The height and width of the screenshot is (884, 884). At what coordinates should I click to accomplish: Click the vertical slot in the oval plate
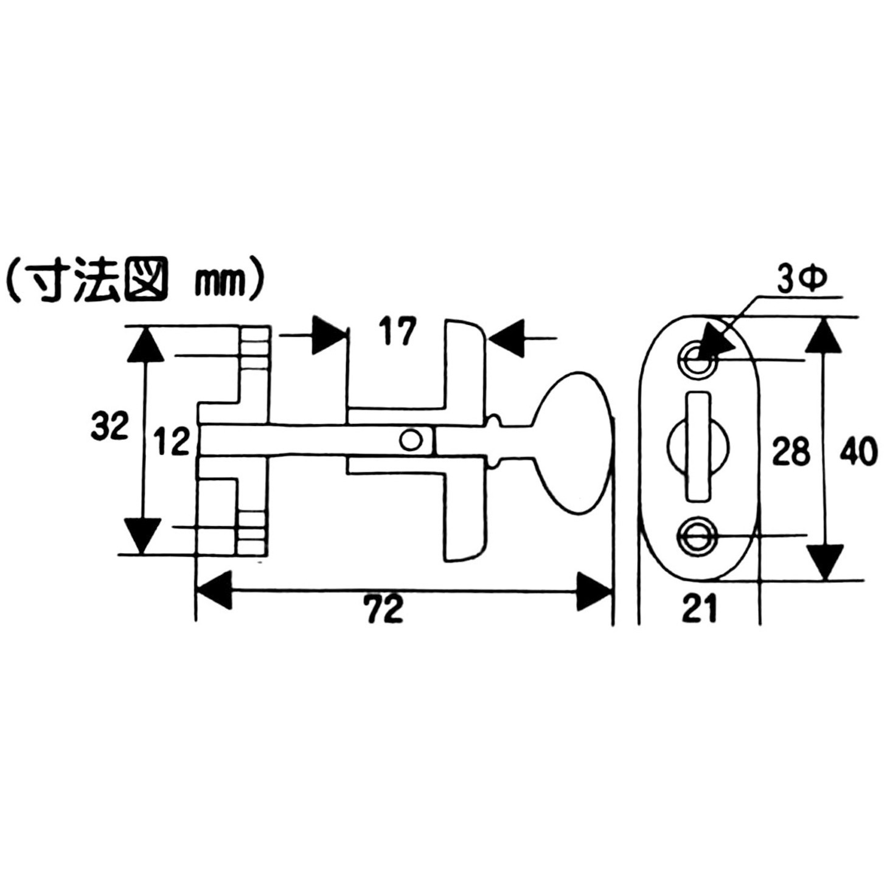pos(697,447)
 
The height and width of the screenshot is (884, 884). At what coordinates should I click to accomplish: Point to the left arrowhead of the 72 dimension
pos(214,590)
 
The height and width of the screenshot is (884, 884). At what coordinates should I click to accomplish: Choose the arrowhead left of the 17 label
pos(329,335)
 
